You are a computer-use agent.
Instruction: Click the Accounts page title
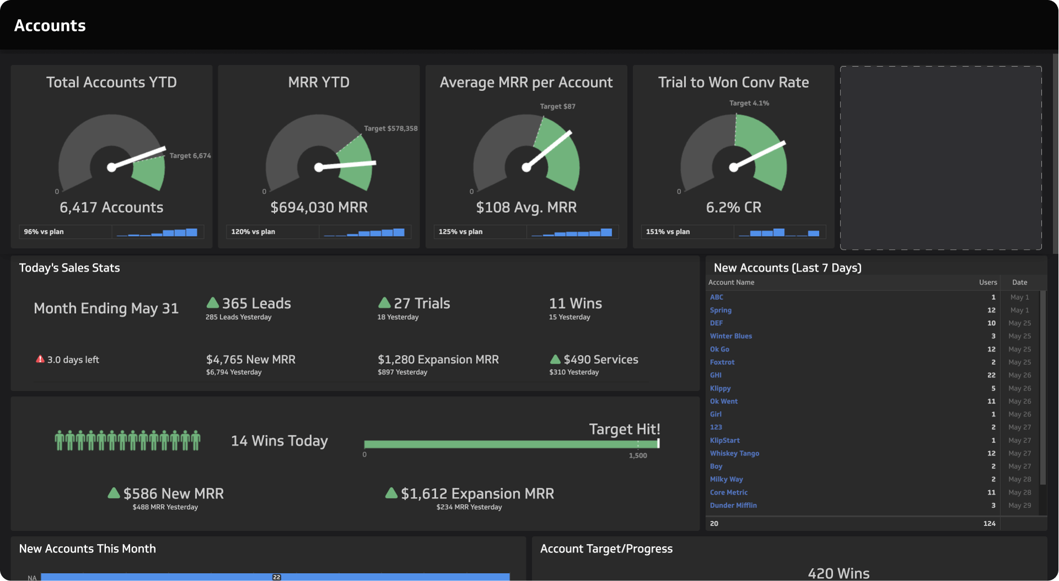[50, 25]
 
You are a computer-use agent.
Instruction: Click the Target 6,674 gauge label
[190, 156]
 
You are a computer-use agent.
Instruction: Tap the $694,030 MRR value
[319, 207]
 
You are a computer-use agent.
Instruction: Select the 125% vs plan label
[460, 232]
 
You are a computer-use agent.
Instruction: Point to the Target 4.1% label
[748, 103]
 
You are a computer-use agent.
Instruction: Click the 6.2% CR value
[733, 207]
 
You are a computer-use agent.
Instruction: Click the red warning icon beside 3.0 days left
[40, 359]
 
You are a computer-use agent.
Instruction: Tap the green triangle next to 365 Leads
[212, 303]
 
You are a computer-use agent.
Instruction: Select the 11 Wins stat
[575, 303]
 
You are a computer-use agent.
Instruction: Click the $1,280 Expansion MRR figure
[438, 359]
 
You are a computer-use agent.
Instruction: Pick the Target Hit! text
[624, 429]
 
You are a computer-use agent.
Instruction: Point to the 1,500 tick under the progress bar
[638, 455]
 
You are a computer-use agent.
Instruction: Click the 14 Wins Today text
[279, 441]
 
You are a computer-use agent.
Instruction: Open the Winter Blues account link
[730, 336]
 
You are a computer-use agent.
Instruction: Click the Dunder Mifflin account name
[733, 505]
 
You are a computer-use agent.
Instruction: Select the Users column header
[987, 282]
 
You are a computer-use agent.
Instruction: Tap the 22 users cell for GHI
[991, 375]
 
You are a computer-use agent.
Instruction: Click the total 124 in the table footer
[989, 523]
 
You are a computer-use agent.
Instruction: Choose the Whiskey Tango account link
[734, 453]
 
